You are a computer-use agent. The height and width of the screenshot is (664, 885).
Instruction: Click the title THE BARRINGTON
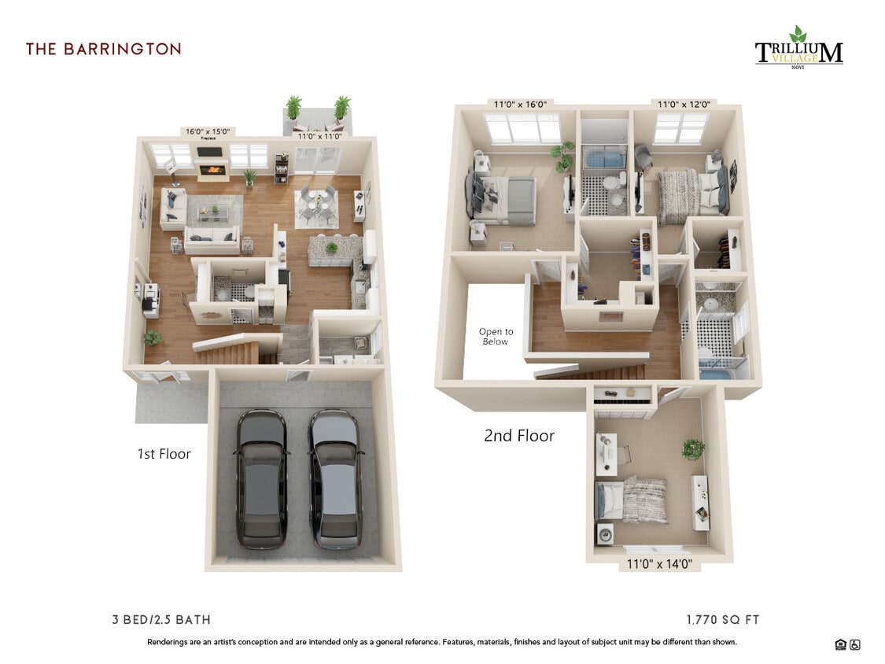point(103,49)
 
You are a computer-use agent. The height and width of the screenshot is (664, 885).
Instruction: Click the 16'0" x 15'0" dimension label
point(208,132)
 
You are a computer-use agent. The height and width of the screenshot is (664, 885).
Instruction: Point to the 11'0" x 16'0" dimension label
point(520,104)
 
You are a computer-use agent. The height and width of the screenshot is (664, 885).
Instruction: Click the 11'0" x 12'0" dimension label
point(684,104)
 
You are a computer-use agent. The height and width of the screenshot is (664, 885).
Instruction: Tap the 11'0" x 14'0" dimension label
point(659,564)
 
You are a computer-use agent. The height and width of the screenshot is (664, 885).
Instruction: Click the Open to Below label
point(496,337)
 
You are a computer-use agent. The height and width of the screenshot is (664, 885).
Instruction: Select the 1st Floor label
point(164,454)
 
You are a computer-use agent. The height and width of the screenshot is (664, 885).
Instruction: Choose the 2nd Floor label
point(519,436)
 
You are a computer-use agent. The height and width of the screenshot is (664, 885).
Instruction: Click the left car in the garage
point(262,479)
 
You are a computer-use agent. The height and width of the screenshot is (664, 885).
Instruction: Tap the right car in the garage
point(336,479)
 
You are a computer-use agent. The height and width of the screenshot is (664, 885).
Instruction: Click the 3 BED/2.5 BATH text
point(161,620)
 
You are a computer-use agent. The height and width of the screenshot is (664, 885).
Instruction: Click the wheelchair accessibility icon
point(855,645)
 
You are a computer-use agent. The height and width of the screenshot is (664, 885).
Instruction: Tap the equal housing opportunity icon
point(840,645)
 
